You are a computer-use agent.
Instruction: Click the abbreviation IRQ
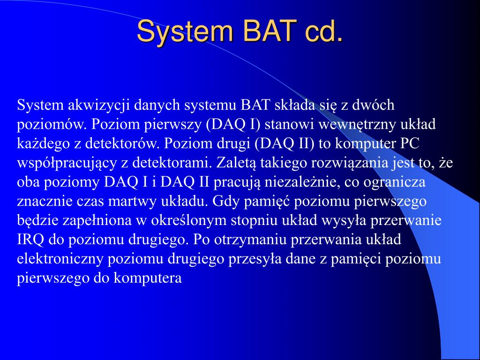coord(30,240)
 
